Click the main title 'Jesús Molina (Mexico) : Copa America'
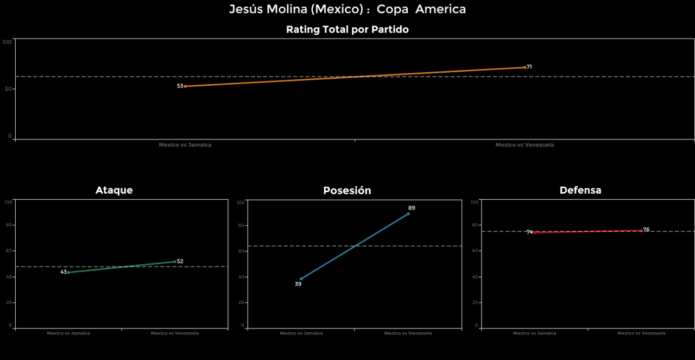click(347, 9)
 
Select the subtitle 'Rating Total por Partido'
click(347, 29)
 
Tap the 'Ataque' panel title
click(114, 190)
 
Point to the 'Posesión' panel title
click(347, 191)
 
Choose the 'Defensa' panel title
click(580, 190)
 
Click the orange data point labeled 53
click(185, 86)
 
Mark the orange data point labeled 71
click(525, 67)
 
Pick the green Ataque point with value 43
click(68, 272)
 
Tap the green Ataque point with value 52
click(175, 261)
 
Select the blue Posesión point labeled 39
click(301, 279)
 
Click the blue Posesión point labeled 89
click(408, 213)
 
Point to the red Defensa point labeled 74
click(535, 232)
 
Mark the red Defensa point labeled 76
click(641, 230)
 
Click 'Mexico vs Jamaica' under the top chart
click(185, 145)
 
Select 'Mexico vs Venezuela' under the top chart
click(525, 145)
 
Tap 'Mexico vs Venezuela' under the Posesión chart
click(408, 333)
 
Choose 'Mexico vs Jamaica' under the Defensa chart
click(535, 333)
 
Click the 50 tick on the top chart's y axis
click(9, 89)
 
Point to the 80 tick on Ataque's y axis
click(9, 225)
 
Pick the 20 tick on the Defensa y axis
click(476, 302)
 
